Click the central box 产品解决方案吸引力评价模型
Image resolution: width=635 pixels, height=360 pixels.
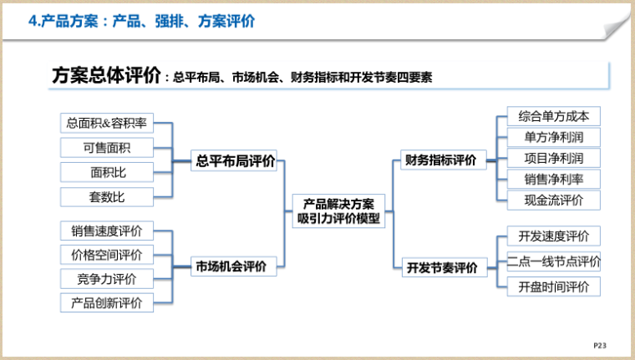pos(338,210)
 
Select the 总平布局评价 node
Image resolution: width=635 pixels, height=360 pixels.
pos(235,161)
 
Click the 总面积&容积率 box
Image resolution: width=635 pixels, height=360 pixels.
pos(107,124)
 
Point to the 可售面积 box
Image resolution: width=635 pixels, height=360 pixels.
pos(107,148)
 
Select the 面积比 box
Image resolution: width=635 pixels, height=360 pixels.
pos(107,172)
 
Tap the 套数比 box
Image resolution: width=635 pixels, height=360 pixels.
pos(107,197)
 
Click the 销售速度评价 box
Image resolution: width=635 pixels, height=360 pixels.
pos(107,231)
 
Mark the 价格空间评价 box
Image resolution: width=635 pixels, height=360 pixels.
pos(107,255)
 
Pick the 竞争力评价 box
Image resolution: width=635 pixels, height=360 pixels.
pos(107,279)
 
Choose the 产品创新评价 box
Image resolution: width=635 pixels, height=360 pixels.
pos(107,302)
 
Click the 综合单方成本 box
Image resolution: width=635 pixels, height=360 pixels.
pos(553,116)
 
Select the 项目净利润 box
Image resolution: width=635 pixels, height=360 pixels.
pos(553,158)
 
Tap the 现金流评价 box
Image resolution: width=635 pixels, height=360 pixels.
pos(553,200)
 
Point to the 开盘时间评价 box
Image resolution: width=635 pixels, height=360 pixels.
pos(553,286)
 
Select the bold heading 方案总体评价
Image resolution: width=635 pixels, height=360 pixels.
pos(106,76)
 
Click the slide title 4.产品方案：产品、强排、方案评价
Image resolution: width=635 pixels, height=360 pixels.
pos(142,22)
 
